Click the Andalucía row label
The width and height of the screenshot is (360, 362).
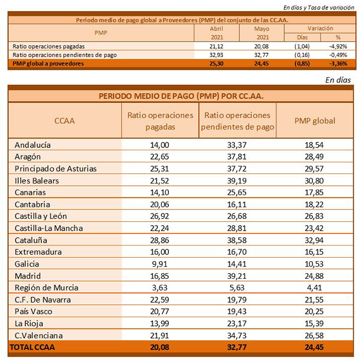(33, 145)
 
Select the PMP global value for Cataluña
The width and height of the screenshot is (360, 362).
(314, 240)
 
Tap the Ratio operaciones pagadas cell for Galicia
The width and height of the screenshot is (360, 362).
(160, 264)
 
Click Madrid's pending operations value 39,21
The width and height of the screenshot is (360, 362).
(237, 276)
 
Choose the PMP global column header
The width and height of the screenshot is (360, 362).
(314, 120)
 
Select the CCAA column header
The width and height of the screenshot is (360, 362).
(65, 120)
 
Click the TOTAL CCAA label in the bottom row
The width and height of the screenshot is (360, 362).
(32, 348)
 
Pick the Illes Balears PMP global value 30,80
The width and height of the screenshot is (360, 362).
(314, 180)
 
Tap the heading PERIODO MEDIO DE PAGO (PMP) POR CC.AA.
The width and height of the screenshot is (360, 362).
(181, 95)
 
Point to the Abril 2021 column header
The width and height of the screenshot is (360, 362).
(214, 32)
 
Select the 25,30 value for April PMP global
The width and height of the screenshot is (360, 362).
(214, 64)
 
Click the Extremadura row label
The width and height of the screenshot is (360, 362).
(38, 252)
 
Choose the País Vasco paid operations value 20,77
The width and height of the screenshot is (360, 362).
(160, 312)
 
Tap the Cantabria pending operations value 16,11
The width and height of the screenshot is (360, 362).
(237, 204)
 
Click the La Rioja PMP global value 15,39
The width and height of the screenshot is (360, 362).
(314, 324)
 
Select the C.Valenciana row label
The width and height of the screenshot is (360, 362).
(38, 335)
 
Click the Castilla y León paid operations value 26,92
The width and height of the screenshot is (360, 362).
(160, 216)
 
